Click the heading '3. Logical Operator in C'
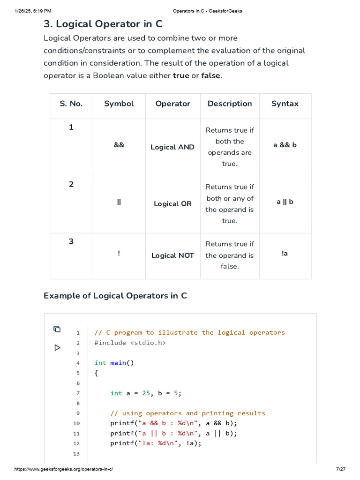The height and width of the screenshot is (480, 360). (x=103, y=24)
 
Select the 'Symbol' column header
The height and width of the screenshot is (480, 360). (x=119, y=104)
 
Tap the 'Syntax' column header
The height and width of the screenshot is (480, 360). (x=285, y=104)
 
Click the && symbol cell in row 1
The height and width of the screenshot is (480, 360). (x=119, y=145)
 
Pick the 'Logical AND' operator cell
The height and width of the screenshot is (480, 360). (x=172, y=147)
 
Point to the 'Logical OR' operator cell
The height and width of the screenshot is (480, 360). (x=172, y=204)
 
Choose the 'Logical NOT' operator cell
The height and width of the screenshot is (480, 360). (x=172, y=255)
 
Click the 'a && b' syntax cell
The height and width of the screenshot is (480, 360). (x=285, y=145)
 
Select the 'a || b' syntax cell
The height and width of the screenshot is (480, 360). (x=285, y=202)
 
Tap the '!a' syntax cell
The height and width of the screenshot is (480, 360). (x=285, y=253)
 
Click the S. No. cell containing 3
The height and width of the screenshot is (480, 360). (x=71, y=241)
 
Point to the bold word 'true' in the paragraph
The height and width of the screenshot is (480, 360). (x=181, y=75)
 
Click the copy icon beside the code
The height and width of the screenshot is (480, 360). (x=57, y=329)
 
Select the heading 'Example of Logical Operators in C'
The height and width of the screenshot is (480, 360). (x=115, y=296)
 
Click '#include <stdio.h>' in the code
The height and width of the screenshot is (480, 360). (x=130, y=343)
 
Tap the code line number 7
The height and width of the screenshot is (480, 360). (x=78, y=393)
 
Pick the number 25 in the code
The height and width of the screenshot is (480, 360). (x=146, y=393)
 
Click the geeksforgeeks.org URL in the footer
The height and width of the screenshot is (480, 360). (x=64, y=469)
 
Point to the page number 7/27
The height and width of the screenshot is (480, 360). (x=341, y=469)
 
